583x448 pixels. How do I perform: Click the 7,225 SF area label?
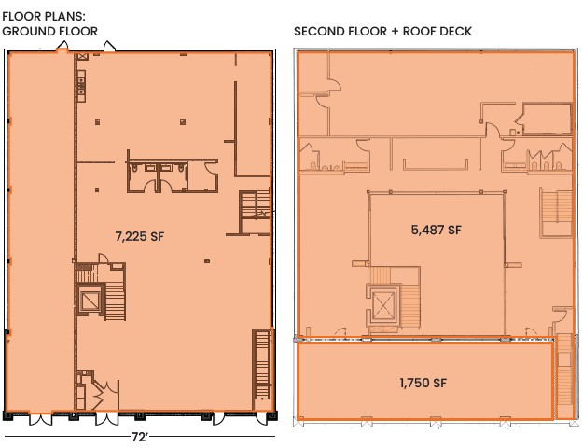click(139, 236)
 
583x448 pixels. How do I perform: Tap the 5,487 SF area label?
click(437, 230)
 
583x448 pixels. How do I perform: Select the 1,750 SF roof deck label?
click(423, 383)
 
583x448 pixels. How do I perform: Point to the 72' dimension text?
click(139, 437)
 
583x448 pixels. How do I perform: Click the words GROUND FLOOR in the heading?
click(49, 31)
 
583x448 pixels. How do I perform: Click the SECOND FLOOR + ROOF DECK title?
click(382, 31)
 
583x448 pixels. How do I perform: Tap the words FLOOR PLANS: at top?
click(44, 17)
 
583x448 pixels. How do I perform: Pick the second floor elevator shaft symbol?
click(383, 307)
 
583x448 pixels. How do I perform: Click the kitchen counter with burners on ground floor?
click(81, 85)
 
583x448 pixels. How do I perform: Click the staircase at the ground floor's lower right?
click(262, 369)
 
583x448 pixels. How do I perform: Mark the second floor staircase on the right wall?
click(556, 212)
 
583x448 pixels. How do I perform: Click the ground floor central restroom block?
click(173, 176)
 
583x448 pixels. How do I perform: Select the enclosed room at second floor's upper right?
click(547, 119)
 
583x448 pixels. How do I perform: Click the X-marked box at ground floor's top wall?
click(82, 57)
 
